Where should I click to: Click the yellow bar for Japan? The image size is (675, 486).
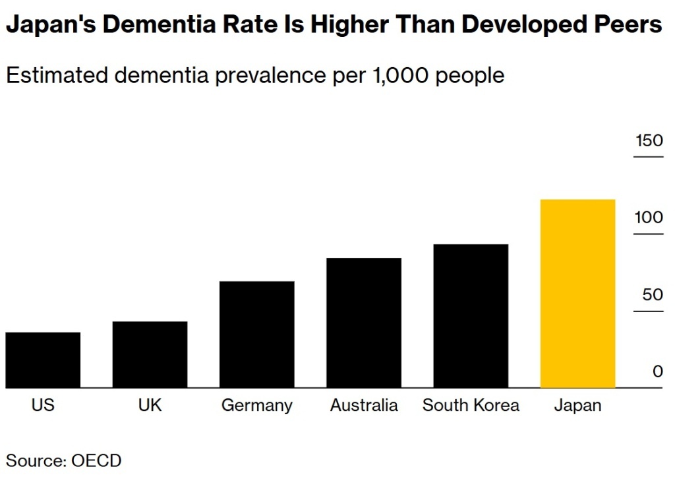point(577,294)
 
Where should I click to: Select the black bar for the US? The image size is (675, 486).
point(43,360)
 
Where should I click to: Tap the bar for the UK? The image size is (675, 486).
point(150,355)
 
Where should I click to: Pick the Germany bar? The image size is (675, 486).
point(256,335)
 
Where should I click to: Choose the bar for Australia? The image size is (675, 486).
point(364,323)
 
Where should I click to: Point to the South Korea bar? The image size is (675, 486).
point(471,316)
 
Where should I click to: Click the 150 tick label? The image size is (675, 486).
point(649,140)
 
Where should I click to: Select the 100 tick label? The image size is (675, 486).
point(649,217)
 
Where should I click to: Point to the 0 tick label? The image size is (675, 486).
point(658,371)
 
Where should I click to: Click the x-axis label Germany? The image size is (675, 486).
point(256,406)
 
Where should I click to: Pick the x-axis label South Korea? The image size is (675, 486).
point(471,405)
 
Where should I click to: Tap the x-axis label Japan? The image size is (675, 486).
point(577,406)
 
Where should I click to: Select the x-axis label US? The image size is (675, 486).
point(43,405)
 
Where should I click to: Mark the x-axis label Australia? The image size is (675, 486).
point(364,405)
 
